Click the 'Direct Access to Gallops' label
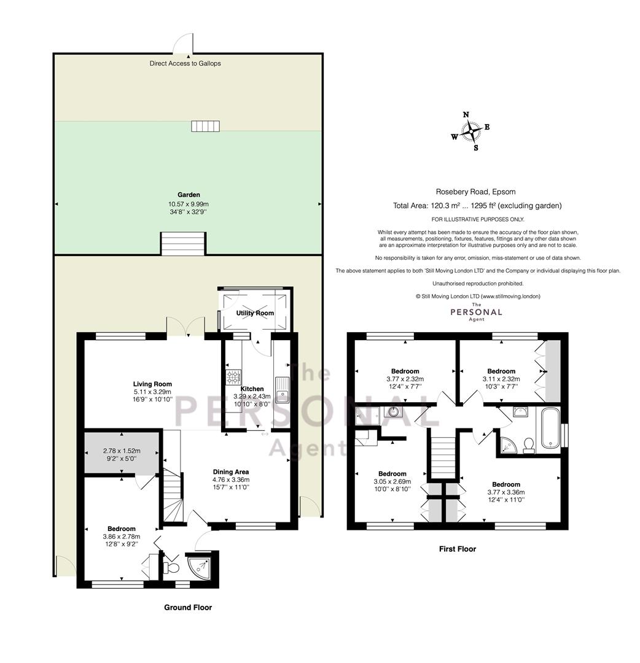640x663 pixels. (x=185, y=63)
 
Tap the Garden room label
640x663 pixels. (x=189, y=195)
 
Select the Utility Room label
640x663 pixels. (x=255, y=313)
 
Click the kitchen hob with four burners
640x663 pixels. (x=234, y=377)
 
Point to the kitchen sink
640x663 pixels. (x=282, y=389)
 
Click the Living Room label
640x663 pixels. (x=152, y=384)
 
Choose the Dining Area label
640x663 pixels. (x=230, y=472)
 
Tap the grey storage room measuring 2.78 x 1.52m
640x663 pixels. (x=122, y=452)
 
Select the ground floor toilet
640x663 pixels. (x=171, y=567)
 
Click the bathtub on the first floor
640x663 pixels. (x=548, y=428)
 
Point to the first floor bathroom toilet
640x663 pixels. (x=528, y=446)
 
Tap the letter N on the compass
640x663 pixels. (x=466, y=115)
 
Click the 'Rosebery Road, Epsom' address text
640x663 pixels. (x=475, y=192)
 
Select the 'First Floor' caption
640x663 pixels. (x=457, y=549)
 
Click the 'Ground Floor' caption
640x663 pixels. (x=188, y=607)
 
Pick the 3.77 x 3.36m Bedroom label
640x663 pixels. (x=506, y=484)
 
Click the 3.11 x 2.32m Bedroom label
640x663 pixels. (x=501, y=371)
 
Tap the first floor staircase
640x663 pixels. (x=443, y=453)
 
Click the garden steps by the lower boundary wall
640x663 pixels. (x=183, y=244)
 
